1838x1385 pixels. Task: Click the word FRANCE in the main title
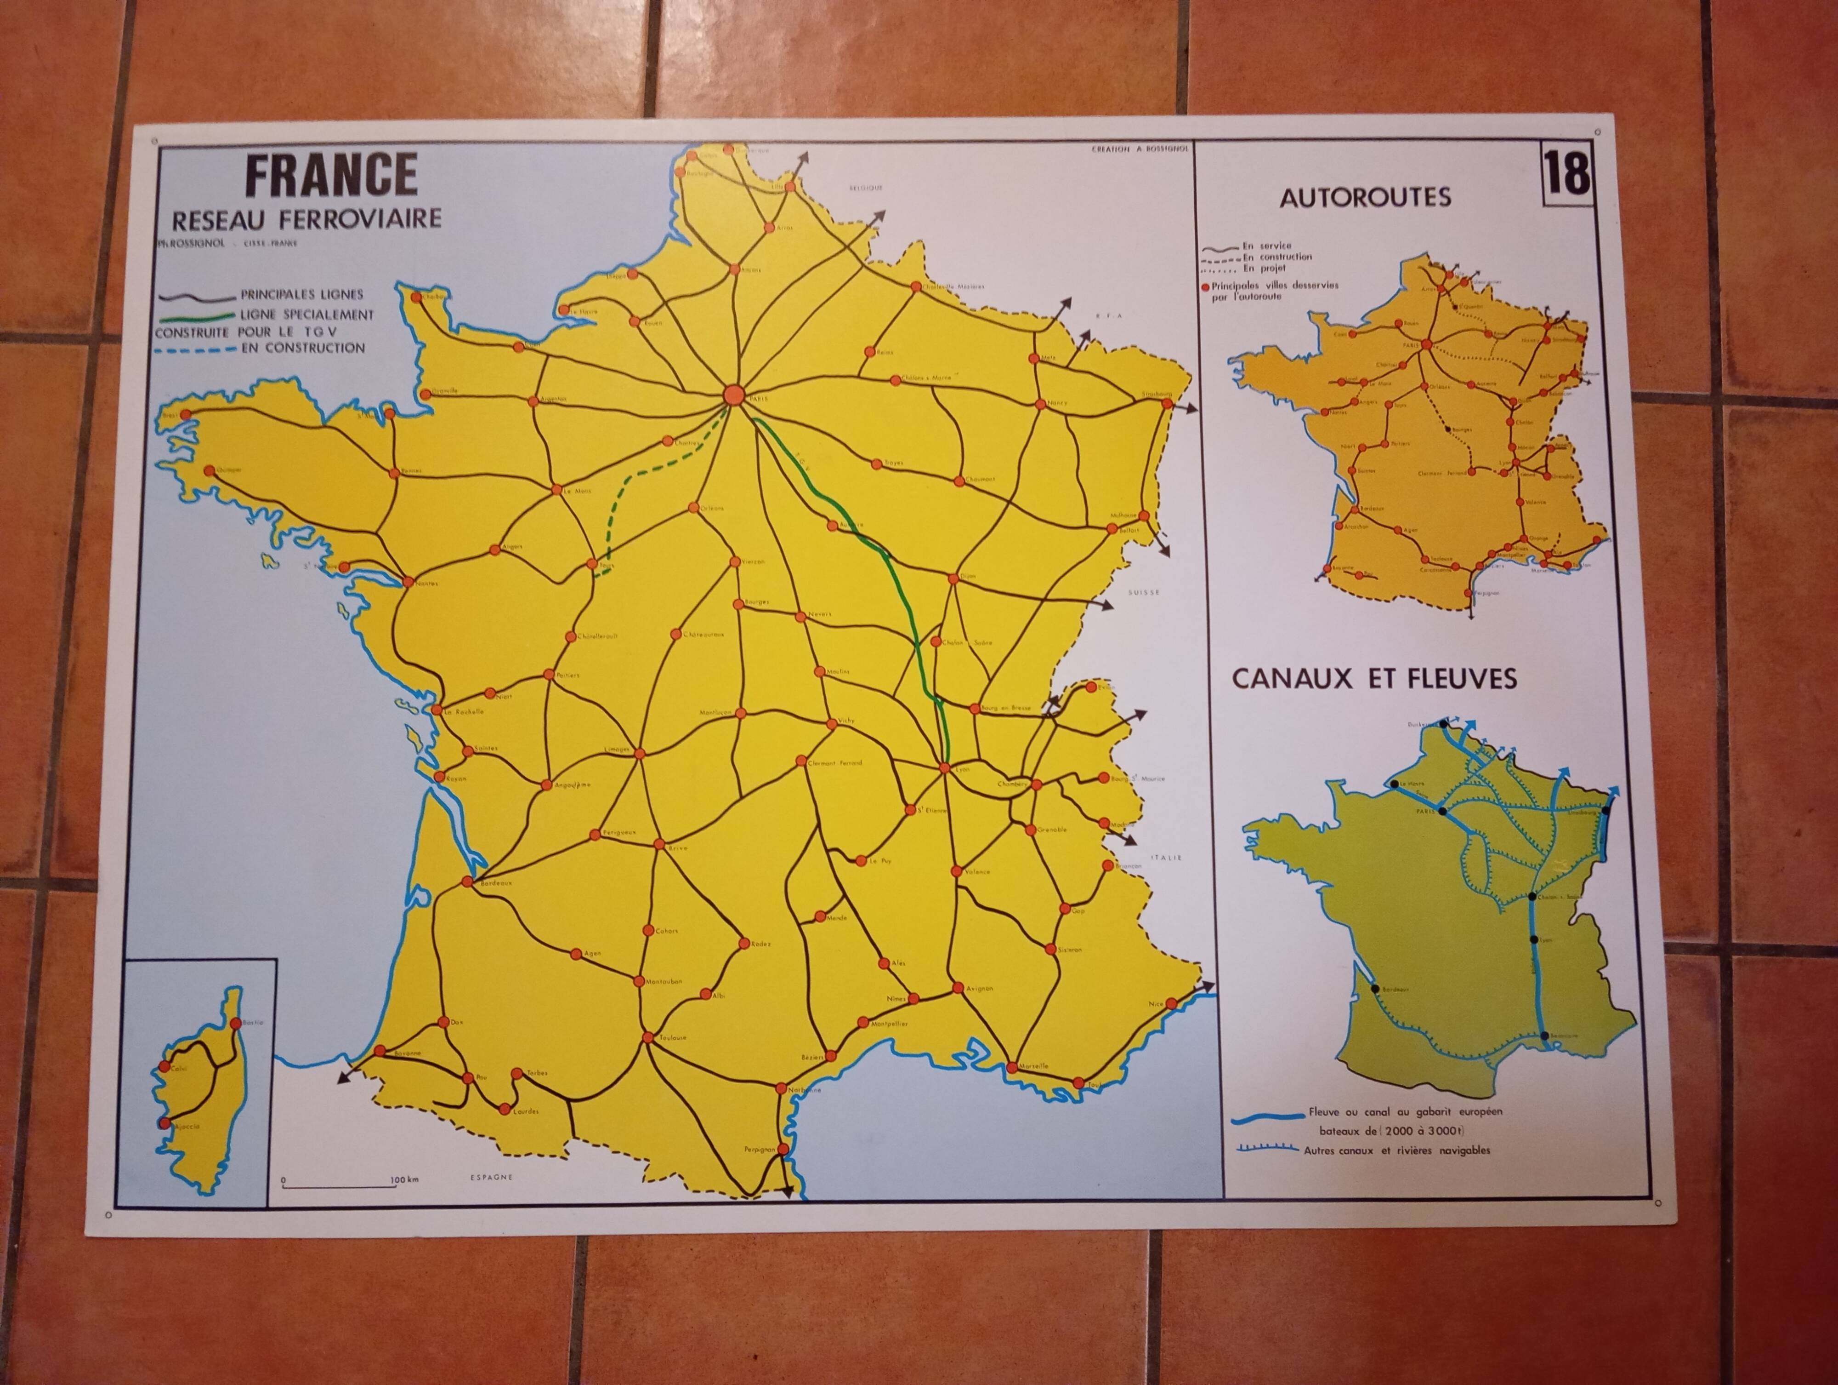point(331,175)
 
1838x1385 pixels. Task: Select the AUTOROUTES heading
point(1365,197)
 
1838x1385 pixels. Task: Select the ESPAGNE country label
point(491,1177)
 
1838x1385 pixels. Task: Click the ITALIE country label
point(1166,857)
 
